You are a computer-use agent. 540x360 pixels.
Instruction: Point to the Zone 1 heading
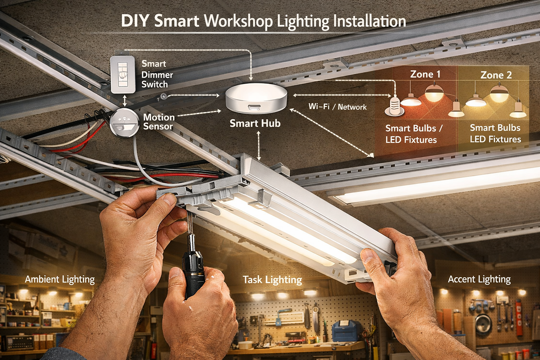(425, 74)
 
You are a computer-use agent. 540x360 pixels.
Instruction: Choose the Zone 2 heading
(496, 75)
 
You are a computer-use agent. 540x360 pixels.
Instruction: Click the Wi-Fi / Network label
(337, 106)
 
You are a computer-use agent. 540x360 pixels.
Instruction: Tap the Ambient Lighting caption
(60, 279)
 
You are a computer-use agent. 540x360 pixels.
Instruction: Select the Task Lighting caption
(272, 280)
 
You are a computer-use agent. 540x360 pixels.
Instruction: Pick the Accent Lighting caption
(479, 279)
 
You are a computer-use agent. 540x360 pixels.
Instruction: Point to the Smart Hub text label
(255, 123)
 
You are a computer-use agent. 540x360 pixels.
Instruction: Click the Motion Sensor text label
(159, 122)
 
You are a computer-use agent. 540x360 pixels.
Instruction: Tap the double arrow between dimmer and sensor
(125, 101)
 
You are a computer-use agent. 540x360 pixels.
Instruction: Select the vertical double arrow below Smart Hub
(259, 146)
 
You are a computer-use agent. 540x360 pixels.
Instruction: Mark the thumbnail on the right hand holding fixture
(368, 256)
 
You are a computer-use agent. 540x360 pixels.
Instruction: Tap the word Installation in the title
(369, 21)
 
